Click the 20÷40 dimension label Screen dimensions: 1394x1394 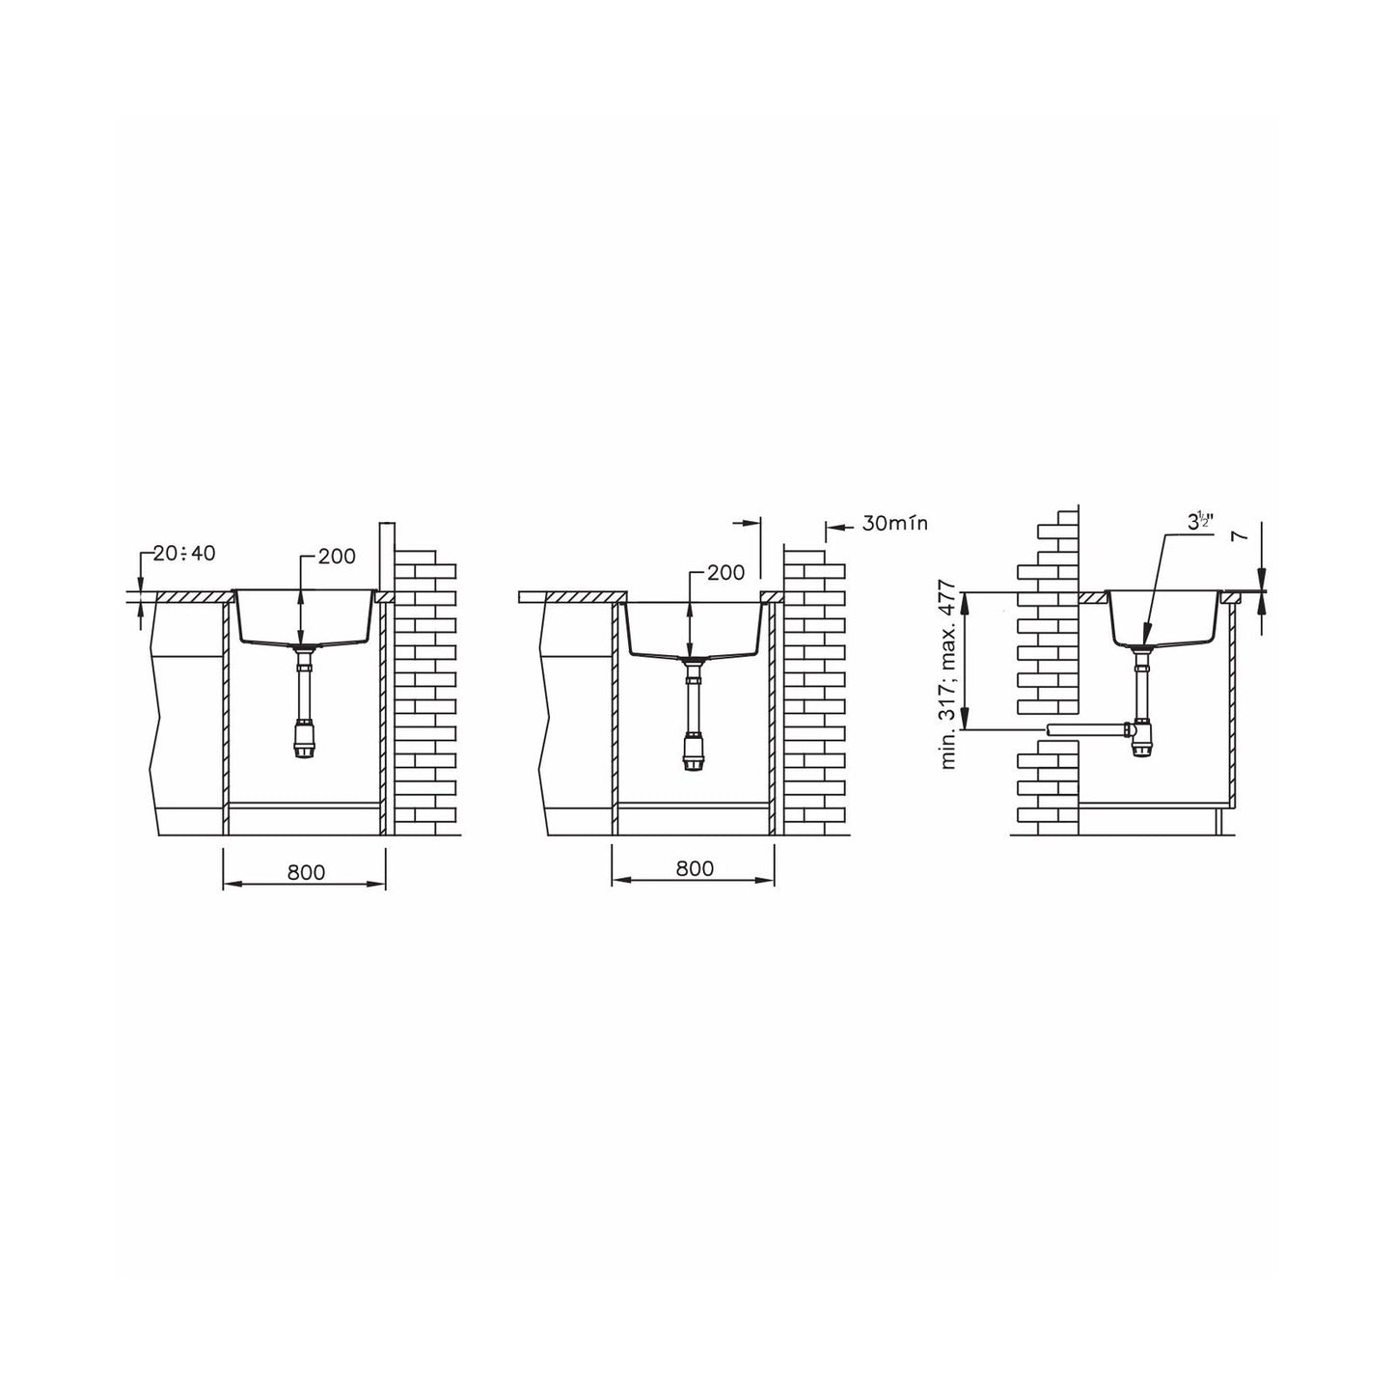[184, 554]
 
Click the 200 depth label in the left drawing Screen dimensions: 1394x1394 [337, 556]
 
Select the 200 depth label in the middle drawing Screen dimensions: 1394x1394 [725, 572]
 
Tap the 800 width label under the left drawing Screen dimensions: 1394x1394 [306, 872]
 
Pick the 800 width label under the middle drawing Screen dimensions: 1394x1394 [694, 868]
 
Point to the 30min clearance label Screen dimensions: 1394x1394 [894, 524]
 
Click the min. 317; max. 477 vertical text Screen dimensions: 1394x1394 [948, 673]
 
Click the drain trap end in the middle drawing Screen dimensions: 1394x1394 [693, 752]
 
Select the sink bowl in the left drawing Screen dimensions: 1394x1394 [302, 617]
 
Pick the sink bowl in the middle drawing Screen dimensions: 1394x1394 [693, 629]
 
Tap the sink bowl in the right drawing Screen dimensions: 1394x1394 [1163, 617]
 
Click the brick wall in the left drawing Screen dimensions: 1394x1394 [425, 695]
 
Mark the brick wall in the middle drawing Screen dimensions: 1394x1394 [813, 695]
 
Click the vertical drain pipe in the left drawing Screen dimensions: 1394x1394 [302, 695]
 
